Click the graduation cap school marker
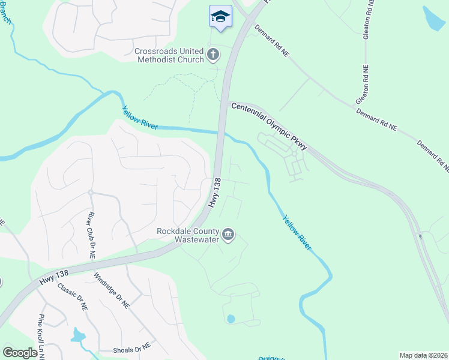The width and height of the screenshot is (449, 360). pos(220,16)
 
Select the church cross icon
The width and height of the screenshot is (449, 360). pos(213,56)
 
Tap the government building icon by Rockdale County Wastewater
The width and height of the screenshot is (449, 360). pos(228,235)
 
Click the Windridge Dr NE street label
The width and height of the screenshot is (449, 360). pos(112,290)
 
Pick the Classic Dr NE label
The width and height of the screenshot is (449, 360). pos(73,298)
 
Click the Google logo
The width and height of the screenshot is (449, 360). pos(20,353)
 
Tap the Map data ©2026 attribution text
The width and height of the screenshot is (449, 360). pos(423,355)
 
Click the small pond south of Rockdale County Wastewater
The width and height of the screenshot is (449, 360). pos(231,319)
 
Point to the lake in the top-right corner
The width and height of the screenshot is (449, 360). pos(433,18)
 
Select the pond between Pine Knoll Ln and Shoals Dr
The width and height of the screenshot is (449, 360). pos(79,335)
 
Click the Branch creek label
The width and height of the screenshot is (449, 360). pos(5,12)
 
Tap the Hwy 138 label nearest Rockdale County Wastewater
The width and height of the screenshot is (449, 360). pos(215,192)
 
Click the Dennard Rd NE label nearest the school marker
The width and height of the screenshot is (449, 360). pos(272,41)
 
